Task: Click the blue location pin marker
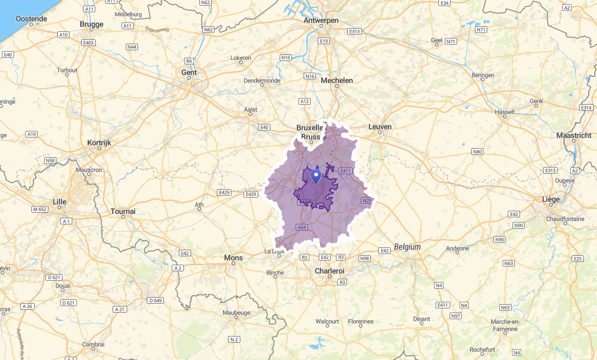(x=316, y=176)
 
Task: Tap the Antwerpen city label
(x=321, y=20)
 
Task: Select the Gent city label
(x=189, y=72)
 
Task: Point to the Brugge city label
(x=92, y=24)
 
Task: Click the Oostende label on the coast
(x=31, y=19)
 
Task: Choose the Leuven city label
(x=380, y=127)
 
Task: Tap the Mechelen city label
(x=337, y=80)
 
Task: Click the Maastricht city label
(x=574, y=135)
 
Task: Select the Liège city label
(x=551, y=199)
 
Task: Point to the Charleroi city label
(x=329, y=271)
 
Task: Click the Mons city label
(x=233, y=258)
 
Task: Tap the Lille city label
(x=60, y=202)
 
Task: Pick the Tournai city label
(x=123, y=211)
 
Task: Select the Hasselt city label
(x=505, y=112)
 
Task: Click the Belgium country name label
(x=407, y=246)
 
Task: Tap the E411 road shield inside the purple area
(x=345, y=171)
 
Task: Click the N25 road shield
(x=367, y=200)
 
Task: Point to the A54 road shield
(x=302, y=227)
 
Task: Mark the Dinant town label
(x=421, y=319)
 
